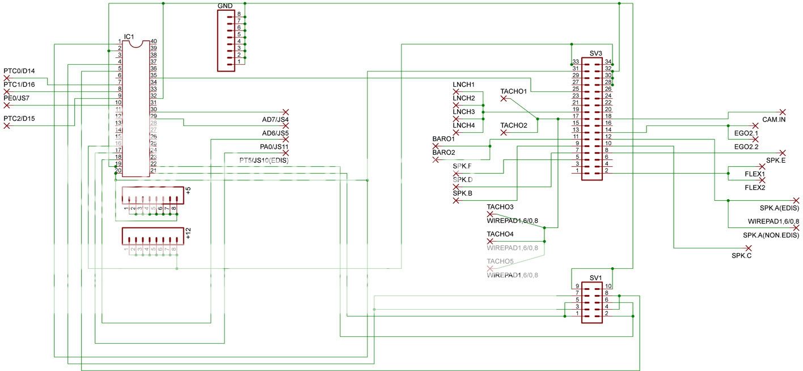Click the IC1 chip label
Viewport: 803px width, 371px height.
(129, 36)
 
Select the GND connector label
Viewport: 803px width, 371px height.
(225, 6)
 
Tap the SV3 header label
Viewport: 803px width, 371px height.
(595, 53)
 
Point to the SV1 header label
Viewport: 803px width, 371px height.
(595, 278)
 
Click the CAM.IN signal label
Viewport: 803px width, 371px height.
(774, 120)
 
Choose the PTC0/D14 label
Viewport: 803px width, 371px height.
(19, 71)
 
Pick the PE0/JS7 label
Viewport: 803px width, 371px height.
(17, 98)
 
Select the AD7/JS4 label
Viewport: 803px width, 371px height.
(275, 120)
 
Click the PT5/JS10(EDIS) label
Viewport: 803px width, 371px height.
(264, 161)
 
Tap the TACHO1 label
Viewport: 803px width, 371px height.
(514, 91)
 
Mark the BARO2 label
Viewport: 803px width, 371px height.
(443, 153)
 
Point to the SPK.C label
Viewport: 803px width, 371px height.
(741, 256)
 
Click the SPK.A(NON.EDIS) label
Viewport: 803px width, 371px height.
(771, 235)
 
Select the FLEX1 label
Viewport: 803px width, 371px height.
(755, 174)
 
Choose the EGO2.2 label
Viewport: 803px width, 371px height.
(746, 147)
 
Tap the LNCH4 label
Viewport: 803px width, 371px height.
(463, 125)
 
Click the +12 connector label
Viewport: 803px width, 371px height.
(188, 232)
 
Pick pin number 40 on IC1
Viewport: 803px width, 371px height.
(153, 41)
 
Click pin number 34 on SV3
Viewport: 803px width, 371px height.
(608, 62)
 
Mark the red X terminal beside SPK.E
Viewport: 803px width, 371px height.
(783, 153)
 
